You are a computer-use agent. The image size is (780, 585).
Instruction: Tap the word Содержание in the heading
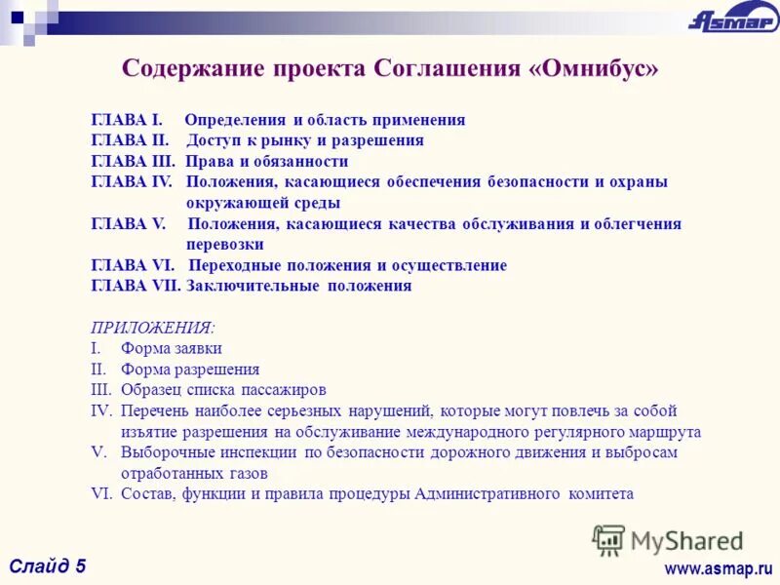(191, 69)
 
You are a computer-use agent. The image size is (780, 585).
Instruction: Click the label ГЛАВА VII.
(136, 286)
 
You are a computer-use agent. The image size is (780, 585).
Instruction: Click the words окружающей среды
(263, 203)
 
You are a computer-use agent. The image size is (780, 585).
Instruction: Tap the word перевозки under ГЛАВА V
(225, 245)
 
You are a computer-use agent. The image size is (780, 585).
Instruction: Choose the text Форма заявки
(172, 348)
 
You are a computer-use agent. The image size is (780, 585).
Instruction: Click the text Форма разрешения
(190, 370)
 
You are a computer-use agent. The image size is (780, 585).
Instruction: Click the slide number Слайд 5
(49, 565)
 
